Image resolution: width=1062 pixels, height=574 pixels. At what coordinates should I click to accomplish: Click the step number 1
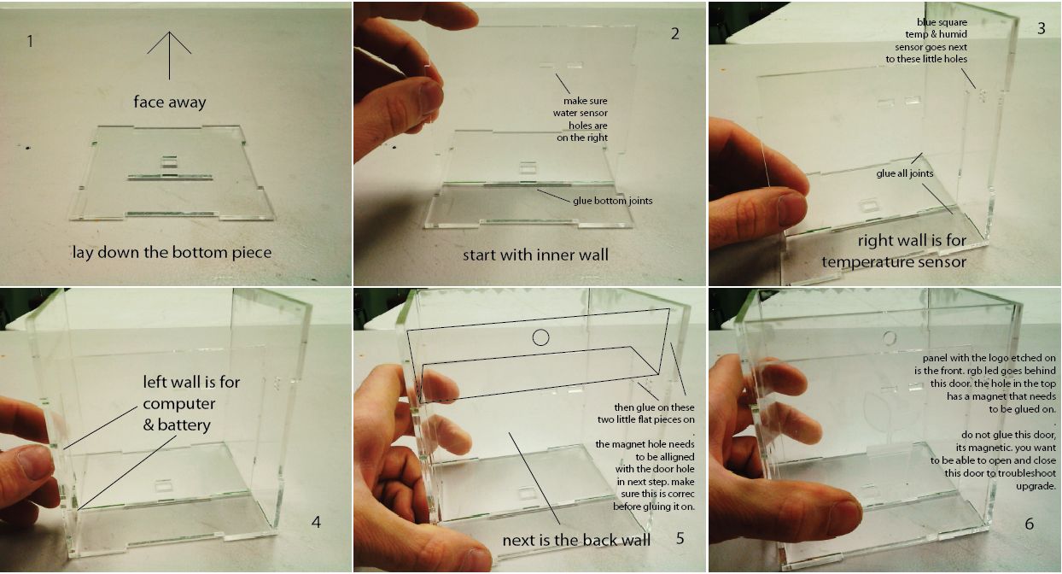tap(31, 41)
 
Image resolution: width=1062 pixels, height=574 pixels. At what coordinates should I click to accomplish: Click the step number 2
tap(674, 33)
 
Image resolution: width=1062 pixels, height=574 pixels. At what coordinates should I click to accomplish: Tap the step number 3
tap(1042, 28)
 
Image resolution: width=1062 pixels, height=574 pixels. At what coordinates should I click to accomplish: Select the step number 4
tap(316, 522)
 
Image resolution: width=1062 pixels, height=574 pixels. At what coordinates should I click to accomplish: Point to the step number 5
tap(680, 538)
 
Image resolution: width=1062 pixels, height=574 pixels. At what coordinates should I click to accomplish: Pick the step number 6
tap(1030, 524)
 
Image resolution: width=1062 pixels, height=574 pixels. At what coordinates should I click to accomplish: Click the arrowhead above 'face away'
tap(169, 32)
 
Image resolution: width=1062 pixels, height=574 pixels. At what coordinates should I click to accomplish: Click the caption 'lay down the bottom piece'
tap(172, 252)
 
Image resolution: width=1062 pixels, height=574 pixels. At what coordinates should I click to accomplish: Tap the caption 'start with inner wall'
tap(535, 255)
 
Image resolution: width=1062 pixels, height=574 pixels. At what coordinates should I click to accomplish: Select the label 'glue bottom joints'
tap(613, 201)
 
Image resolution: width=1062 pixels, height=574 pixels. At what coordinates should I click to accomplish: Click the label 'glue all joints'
tap(905, 173)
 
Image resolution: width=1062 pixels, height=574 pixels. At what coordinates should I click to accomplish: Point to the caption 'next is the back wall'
tap(576, 540)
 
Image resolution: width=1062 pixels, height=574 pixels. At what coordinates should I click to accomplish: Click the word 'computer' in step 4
tap(179, 404)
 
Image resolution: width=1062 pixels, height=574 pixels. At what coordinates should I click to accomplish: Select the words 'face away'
tap(170, 102)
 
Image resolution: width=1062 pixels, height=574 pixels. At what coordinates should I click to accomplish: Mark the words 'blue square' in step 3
tap(942, 22)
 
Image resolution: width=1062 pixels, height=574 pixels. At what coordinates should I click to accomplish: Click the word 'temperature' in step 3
tap(861, 262)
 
